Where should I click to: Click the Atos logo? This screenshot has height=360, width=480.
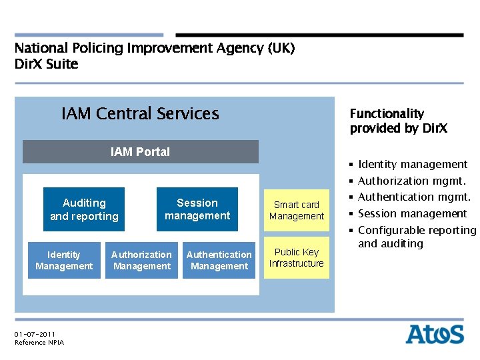pos(435,333)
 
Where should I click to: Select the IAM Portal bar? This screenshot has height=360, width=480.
pos(140,152)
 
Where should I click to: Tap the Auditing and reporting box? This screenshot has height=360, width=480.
pos(84,209)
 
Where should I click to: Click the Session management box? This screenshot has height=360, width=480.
pos(197,209)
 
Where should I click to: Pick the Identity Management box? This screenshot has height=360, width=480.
pos(64,261)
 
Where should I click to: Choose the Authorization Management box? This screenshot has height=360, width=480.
pos(141,261)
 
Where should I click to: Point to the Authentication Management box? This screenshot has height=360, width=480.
pos(219,261)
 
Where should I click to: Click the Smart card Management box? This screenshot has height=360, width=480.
pos(297,210)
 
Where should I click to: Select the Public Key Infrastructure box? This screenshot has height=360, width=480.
pos(297,258)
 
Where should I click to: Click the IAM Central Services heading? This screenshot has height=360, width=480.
pos(140,114)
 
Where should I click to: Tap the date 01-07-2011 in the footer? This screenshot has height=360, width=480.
pos(35,334)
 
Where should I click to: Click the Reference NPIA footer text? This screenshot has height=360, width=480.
pos(39,343)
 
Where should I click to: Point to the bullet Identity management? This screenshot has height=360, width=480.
pos(412,165)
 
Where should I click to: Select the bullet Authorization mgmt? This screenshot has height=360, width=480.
pos(411,181)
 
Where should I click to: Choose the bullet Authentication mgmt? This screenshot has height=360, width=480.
pos(414,197)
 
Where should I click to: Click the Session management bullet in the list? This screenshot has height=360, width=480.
pos(412,213)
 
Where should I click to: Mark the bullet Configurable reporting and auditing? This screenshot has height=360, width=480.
pos(417,237)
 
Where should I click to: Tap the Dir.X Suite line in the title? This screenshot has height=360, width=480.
pos(47,65)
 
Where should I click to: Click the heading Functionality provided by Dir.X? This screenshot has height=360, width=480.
pos(398,121)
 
